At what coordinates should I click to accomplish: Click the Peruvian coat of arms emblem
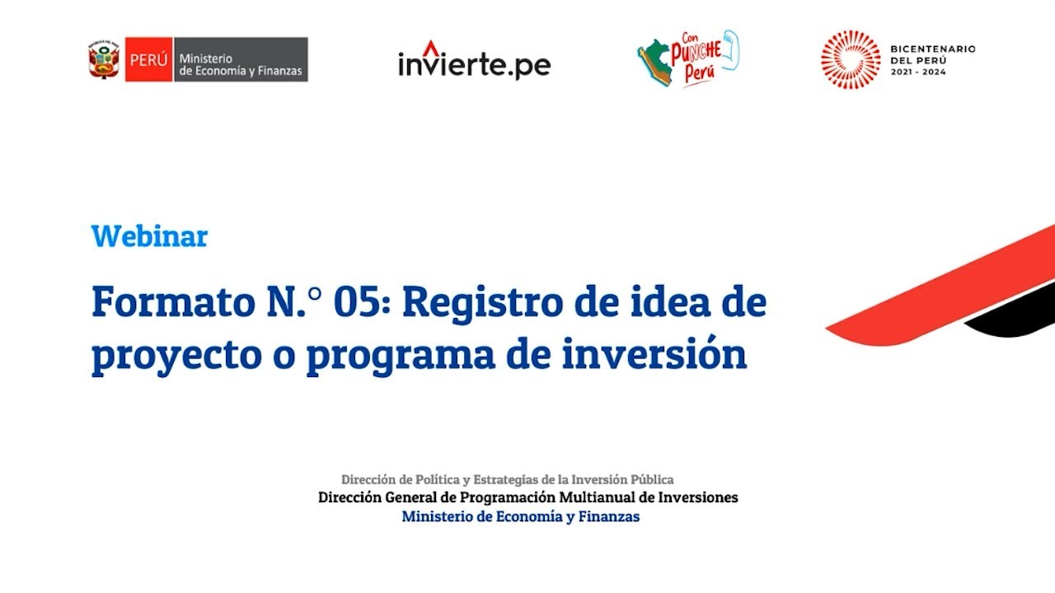tap(104, 59)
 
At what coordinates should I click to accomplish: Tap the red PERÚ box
tap(148, 59)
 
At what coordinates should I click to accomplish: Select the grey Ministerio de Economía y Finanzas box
tap(241, 59)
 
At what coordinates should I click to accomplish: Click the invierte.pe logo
tap(474, 63)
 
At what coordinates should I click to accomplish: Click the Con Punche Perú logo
tap(688, 58)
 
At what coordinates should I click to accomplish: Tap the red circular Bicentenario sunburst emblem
tap(851, 59)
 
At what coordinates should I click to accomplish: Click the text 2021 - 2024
tap(919, 72)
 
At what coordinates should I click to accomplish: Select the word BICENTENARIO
tap(932, 49)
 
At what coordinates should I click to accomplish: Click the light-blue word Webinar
tap(149, 236)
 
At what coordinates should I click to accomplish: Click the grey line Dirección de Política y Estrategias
tap(507, 479)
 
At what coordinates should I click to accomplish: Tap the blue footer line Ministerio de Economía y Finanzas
tap(520, 517)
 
